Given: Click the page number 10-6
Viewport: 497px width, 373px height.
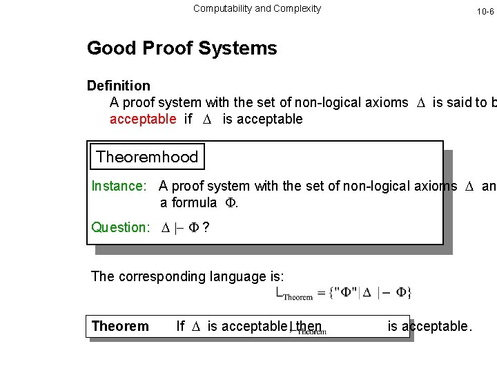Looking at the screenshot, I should click(485, 12).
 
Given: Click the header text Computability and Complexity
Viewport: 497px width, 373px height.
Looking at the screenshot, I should click(257, 8).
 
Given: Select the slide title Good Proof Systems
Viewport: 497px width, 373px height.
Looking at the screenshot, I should click(182, 48).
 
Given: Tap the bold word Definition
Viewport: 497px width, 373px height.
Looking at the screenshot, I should click(119, 86).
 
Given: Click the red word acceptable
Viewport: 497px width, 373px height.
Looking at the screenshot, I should click(143, 119).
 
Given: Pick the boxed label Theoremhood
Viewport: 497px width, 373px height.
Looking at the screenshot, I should click(147, 157).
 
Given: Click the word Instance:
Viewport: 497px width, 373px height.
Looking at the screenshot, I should click(119, 186).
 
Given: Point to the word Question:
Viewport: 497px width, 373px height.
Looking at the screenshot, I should click(120, 227).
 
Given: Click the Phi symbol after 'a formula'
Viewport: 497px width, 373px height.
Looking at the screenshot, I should click(230, 202).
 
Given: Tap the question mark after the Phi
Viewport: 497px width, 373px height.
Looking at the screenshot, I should click(206, 227).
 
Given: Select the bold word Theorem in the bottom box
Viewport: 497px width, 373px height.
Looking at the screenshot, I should click(120, 326).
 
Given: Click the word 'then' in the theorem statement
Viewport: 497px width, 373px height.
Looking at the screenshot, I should click(309, 326).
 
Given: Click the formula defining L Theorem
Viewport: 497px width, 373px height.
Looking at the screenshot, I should click(344, 292).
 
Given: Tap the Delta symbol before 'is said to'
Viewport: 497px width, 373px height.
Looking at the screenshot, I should click(421, 103).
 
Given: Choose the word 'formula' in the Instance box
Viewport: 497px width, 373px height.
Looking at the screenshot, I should click(193, 202).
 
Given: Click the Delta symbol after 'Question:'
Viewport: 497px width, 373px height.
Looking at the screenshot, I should click(165, 227).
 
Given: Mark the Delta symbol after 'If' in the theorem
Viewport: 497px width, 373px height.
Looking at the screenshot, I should click(196, 326).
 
